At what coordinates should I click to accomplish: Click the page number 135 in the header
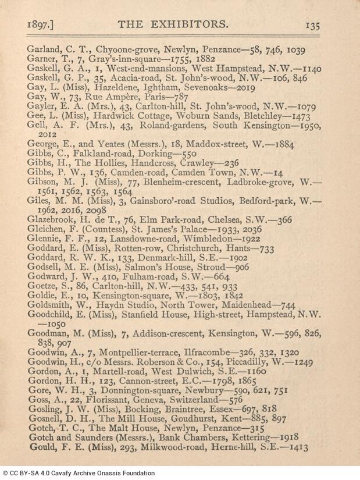312,25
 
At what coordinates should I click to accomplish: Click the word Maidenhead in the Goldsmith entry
252,305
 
